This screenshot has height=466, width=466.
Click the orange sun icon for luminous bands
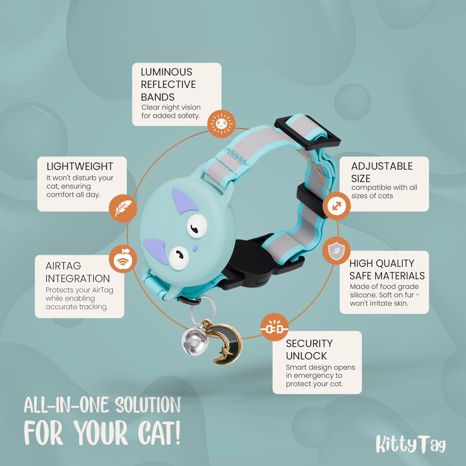pyautogui.click(x=221, y=124)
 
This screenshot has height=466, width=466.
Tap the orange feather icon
pyautogui.click(x=123, y=208)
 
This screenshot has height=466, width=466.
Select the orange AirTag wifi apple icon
pyautogui.click(x=123, y=259)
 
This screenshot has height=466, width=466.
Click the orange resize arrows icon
pyautogui.click(x=336, y=206)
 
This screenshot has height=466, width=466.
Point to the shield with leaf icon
pyautogui.click(x=336, y=251)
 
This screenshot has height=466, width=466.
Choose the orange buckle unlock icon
pyautogui.click(x=274, y=327)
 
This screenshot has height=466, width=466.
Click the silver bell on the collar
pyautogui.click(x=195, y=341)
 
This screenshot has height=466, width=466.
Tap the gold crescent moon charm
pyautogui.click(x=228, y=343)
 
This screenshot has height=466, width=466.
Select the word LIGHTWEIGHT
pyautogui.click(x=80, y=167)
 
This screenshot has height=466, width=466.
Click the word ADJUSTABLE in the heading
pyautogui.click(x=382, y=166)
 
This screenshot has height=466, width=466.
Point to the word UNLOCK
pyautogui.click(x=306, y=356)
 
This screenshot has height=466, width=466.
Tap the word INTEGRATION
pyautogui.click(x=78, y=278)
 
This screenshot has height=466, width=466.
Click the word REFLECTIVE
pyautogui.click(x=168, y=85)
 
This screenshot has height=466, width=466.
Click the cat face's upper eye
pyautogui.click(x=197, y=226)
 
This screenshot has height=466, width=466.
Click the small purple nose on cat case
pyautogui.click(x=195, y=248)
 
